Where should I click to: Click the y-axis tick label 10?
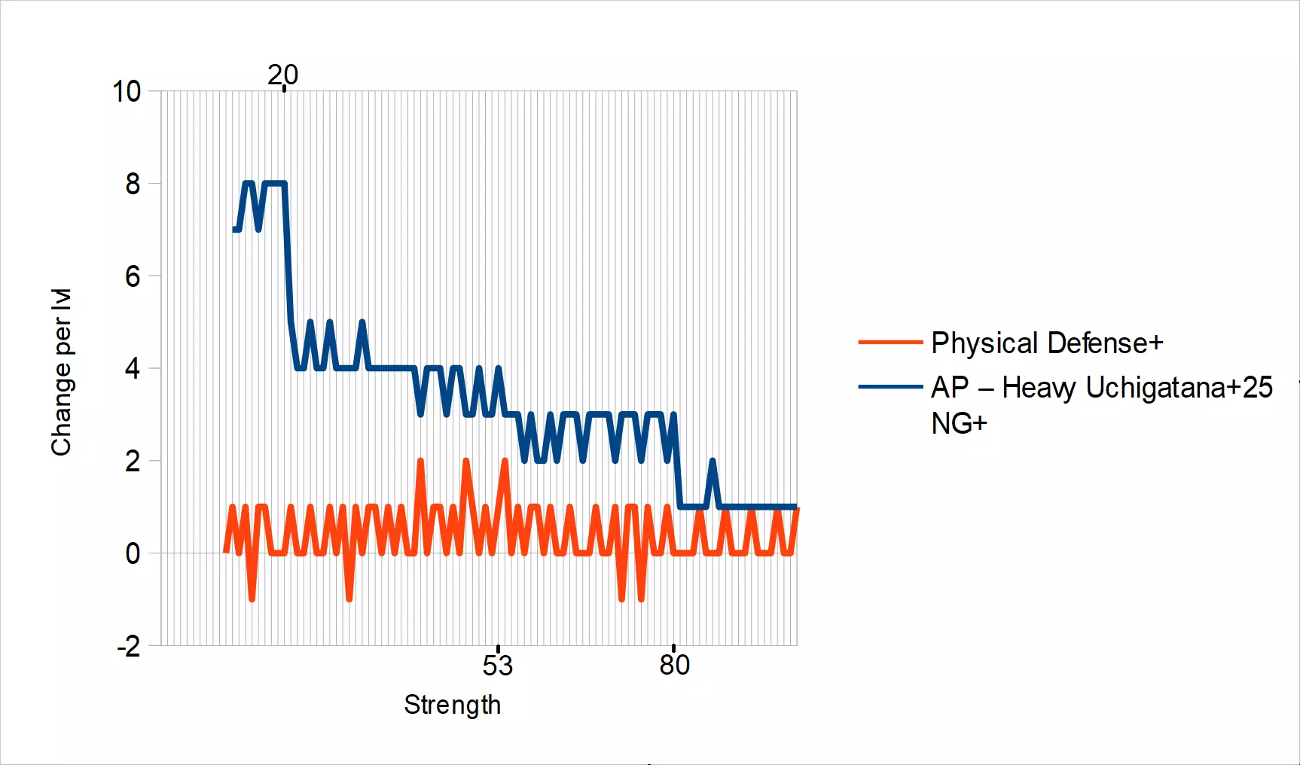[x=127, y=92]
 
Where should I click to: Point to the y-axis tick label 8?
[x=133, y=184]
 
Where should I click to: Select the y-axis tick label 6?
[x=133, y=276]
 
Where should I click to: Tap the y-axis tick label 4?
[x=133, y=369]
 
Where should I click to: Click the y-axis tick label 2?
[x=133, y=461]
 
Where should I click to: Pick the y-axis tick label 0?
[x=133, y=553]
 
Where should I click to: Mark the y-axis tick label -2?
[x=129, y=646]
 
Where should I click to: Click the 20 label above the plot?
[x=283, y=75]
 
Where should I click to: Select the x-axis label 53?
[x=498, y=666]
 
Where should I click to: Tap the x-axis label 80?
[x=674, y=665]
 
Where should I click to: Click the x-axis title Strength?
[x=452, y=705]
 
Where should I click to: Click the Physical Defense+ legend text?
[x=1047, y=343]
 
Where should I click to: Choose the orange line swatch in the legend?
[x=890, y=343]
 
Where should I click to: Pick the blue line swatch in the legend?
[x=890, y=387]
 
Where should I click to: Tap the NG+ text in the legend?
[x=959, y=424]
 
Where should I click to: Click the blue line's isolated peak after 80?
[x=713, y=461]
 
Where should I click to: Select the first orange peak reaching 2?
[x=420, y=461]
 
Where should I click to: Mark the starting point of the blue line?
[x=235, y=230]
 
